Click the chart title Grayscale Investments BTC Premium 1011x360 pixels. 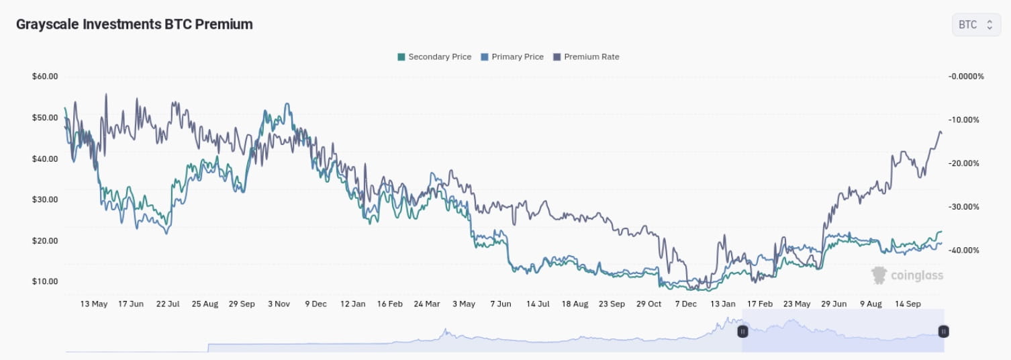134,24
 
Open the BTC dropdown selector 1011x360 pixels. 975,25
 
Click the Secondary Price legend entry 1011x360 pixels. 434,57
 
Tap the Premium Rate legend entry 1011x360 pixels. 586,57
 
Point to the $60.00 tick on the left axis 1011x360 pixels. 45,77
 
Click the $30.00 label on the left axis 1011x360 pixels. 45,199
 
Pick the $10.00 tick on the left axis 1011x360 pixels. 45,281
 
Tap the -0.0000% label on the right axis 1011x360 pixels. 965,77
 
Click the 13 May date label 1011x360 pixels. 94,304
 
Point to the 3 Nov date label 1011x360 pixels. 279,304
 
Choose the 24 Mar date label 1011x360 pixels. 427,304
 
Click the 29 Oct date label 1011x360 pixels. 649,304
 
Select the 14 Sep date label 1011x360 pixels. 908,304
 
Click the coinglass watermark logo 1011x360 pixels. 907,275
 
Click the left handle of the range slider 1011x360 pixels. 742,331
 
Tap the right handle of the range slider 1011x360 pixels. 943,331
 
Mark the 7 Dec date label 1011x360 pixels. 685,304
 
